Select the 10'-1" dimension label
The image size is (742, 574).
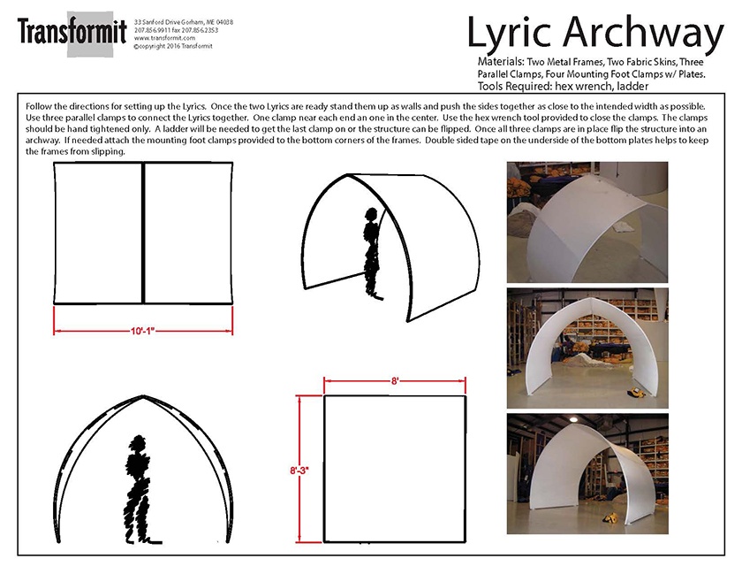point(143,331)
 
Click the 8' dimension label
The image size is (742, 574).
point(395,380)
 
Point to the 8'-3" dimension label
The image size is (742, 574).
point(299,471)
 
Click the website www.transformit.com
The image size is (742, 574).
point(164,38)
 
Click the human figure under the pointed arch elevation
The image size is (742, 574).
point(138,489)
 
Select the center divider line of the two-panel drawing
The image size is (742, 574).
point(143,233)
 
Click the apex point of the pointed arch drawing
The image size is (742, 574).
point(143,395)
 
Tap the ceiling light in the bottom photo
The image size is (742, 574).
point(573,419)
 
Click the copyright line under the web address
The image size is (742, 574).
point(173,46)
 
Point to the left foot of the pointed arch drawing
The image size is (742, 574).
point(58,540)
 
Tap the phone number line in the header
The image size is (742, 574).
point(176,30)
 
